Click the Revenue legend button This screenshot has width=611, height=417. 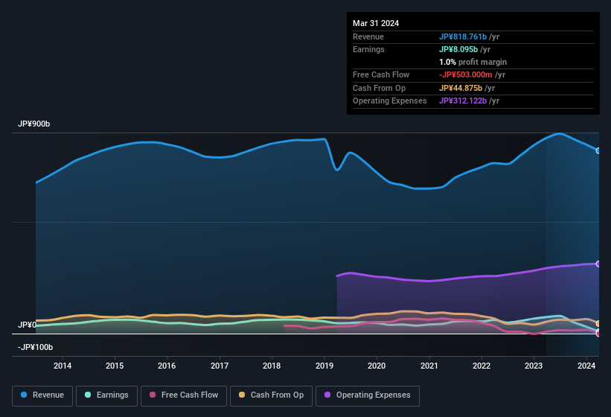(x=43, y=395)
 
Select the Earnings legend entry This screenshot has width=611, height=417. (x=107, y=395)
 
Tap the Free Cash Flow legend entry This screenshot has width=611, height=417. (x=184, y=395)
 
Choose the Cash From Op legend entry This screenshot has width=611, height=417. (x=272, y=395)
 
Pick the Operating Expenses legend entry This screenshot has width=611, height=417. (x=368, y=395)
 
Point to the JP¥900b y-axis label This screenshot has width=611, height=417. (x=34, y=124)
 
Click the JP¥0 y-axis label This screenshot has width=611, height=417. (x=27, y=325)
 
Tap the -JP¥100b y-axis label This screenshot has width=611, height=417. (x=35, y=348)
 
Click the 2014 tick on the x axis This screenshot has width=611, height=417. (x=63, y=366)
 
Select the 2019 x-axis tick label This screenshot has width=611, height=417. (x=324, y=366)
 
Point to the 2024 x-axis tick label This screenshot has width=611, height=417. (x=586, y=366)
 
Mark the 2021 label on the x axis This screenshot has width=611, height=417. (x=429, y=366)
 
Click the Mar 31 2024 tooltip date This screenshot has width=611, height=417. (x=376, y=23)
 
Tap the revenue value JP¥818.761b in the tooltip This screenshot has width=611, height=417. (x=462, y=36)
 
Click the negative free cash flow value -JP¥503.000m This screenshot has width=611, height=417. (x=466, y=74)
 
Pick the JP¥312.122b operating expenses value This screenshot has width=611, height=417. (x=462, y=101)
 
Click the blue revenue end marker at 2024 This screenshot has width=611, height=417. (x=598, y=150)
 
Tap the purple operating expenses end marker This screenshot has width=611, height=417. (x=598, y=264)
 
